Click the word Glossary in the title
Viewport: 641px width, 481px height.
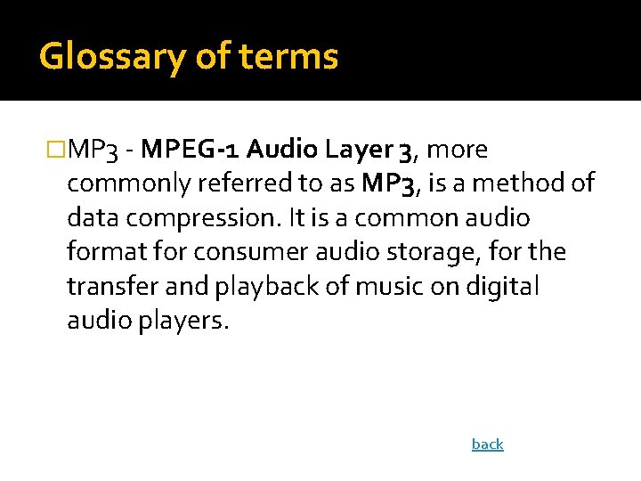[112, 57]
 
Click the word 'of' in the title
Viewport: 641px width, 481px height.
[212, 57]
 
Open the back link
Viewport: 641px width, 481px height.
[487, 444]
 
